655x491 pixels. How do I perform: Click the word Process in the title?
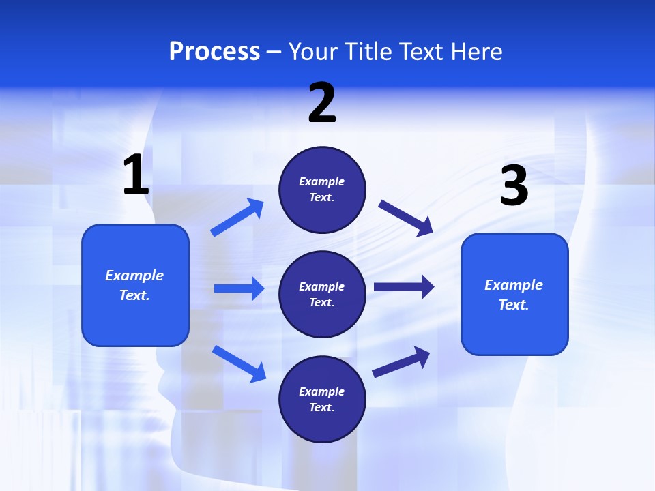(214, 51)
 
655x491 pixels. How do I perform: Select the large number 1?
(136, 175)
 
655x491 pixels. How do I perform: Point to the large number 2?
(322, 102)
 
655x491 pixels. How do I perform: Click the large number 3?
(514, 186)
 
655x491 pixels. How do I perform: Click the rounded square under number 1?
(135, 285)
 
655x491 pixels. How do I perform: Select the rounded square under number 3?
(514, 294)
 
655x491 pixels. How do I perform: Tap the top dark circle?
(322, 190)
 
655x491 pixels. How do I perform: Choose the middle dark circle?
(322, 294)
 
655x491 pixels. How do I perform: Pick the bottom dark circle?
(322, 399)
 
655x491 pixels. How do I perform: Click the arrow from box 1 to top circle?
(237, 218)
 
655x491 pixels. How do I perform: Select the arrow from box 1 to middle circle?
(239, 288)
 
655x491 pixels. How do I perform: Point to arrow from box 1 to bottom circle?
(239, 363)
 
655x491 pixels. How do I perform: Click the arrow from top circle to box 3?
(406, 217)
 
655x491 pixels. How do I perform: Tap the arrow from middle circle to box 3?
(404, 286)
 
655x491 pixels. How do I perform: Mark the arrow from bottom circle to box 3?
(401, 361)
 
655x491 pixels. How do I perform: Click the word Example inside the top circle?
(322, 181)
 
